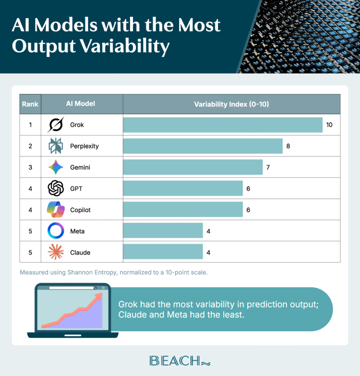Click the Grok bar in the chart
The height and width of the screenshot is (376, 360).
point(222,125)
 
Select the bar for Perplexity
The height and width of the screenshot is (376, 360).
point(203,146)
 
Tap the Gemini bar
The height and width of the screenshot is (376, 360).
point(193,167)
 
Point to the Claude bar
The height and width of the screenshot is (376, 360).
point(163,252)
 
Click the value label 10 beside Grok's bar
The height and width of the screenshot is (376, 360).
point(329,125)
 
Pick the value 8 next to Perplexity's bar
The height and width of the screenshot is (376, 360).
point(289,146)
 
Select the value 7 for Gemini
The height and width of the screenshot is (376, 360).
point(268,167)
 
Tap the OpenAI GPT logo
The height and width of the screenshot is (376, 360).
point(56,188)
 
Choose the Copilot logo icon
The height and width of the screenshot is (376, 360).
point(56,210)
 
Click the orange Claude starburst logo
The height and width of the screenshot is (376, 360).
point(56,252)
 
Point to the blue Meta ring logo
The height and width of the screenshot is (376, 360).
point(56,231)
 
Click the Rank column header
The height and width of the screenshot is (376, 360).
point(31,104)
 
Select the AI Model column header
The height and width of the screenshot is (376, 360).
point(81,104)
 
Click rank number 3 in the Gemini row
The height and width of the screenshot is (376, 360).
point(31,168)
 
